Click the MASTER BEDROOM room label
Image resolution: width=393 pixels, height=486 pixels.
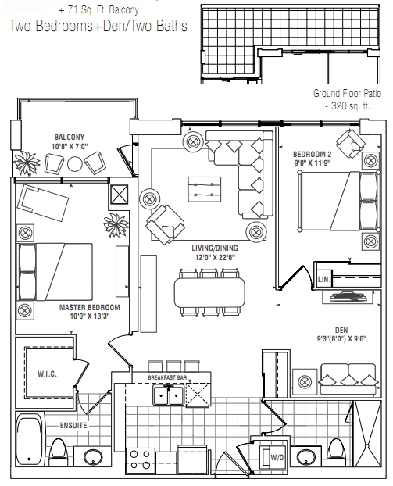pos(90,308)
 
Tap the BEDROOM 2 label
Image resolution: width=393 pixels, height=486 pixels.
pos(312,154)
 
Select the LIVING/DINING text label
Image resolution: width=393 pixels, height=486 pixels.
pos(215,248)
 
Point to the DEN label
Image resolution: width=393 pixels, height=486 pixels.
pos(341,330)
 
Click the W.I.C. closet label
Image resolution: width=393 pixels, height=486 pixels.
pos(48,373)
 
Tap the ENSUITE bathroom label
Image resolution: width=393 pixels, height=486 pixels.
pos(73,425)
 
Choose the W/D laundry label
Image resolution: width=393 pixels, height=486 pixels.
pos(277,458)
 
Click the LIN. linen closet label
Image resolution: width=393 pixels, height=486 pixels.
pos(324,279)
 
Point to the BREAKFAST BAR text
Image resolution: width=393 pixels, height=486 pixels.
pos(167,377)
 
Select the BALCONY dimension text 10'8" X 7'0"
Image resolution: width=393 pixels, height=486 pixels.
pos(70,146)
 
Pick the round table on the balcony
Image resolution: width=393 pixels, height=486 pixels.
pos(75,163)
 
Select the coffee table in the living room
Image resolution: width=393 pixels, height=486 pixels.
pos(205,189)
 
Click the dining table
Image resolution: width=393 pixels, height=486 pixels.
pos(210,292)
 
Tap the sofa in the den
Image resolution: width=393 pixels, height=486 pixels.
pos(348,379)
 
